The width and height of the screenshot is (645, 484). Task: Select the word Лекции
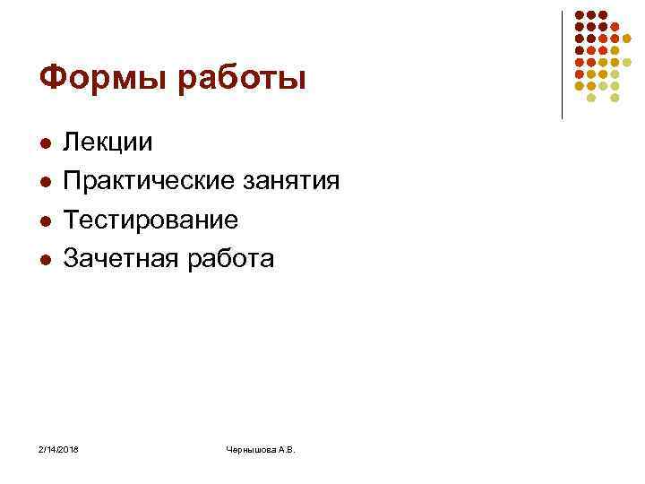click(114, 142)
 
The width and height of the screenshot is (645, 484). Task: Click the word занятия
click(291, 182)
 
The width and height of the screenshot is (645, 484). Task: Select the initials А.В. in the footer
click(288, 448)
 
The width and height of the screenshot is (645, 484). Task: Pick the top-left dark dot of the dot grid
click(580, 15)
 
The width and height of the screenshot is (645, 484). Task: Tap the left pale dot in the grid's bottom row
click(591, 97)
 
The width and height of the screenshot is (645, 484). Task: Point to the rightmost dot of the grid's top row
click(603, 15)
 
